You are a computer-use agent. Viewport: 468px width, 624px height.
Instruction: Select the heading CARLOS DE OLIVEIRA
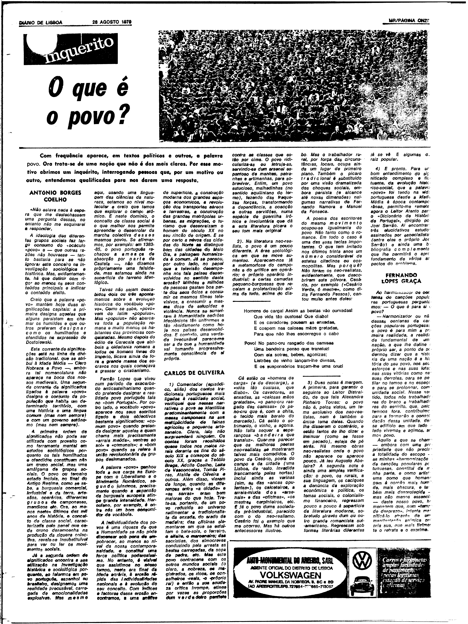[194, 373]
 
